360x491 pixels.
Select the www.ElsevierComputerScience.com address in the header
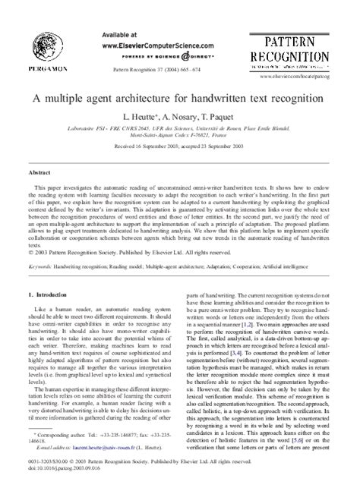(x=136, y=46)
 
